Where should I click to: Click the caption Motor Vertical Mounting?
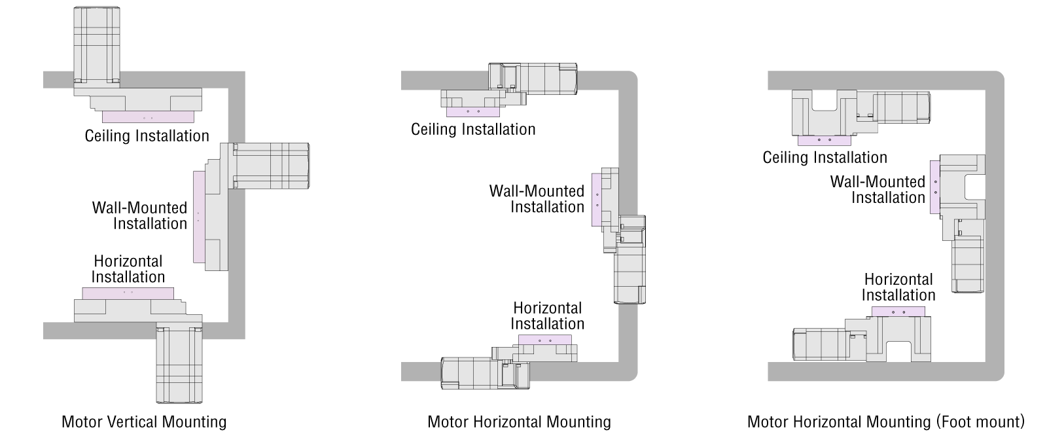144,422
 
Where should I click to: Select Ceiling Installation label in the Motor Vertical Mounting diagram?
147,136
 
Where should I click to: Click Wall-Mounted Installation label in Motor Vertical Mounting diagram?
140,216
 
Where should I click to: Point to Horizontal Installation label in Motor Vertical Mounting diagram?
128,269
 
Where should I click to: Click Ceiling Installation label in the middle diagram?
473,130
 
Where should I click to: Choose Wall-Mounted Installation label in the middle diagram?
537,199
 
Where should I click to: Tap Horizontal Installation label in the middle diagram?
547,316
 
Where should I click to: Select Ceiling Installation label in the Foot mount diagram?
825,158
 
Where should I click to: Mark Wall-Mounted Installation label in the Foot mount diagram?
878,190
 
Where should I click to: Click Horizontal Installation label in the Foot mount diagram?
898,287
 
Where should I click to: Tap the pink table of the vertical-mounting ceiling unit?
148,117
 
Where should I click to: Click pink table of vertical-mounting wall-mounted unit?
199,216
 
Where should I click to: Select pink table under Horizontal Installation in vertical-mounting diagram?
128,293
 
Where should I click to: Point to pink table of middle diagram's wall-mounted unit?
596,200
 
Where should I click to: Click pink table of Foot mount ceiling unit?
824,140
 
